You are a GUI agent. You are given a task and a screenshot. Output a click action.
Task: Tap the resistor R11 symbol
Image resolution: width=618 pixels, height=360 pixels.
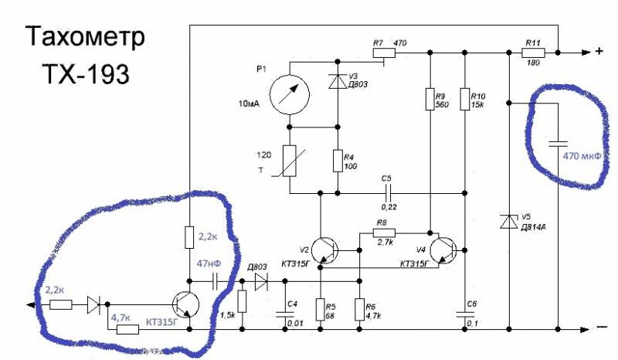[533, 53]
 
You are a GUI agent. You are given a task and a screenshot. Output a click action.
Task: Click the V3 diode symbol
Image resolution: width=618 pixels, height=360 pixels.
[338, 80]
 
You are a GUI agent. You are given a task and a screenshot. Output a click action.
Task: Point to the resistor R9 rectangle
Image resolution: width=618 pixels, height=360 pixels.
[431, 98]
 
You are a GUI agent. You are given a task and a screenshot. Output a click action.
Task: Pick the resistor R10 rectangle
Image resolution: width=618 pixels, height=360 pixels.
[464, 98]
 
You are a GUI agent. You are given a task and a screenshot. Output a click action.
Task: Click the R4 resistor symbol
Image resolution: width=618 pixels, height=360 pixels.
[338, 161]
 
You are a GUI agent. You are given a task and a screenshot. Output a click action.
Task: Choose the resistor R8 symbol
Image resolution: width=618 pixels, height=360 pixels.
[384, 233]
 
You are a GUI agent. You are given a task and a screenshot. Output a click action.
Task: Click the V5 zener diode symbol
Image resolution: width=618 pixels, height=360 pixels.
[508, 222]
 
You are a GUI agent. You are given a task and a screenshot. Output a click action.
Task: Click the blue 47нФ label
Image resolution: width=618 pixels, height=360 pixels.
[209, 263]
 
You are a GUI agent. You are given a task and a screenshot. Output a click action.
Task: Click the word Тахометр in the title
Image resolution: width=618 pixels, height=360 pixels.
[86, 38]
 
